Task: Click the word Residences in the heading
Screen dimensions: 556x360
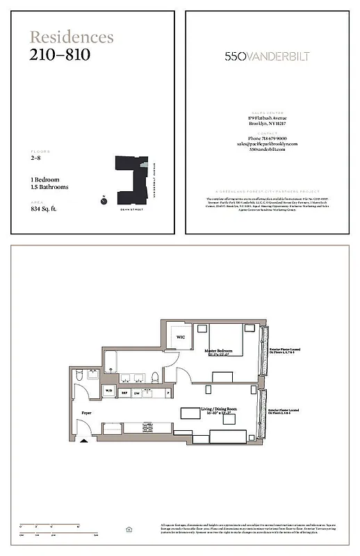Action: (72, 38)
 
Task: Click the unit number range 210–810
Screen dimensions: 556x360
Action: (60, 55)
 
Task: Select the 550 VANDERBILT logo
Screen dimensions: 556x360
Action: (267, 56)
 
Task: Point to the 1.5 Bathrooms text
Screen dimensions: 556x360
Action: (49, 187)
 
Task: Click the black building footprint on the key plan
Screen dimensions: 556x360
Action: (129, 173)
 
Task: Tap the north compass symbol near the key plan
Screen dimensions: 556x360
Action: (103, 199)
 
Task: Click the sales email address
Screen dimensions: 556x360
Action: (267, 144)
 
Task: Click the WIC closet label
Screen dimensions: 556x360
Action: (180, 338)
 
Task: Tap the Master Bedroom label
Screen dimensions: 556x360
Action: (218, 352)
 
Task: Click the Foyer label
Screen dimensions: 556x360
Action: (87, 413)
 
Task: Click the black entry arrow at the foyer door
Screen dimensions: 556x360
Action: (84, 439)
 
